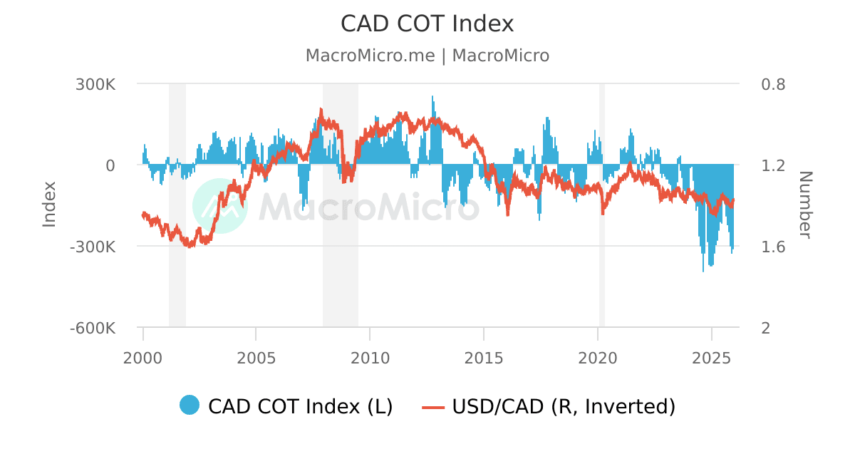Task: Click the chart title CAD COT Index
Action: (x=427, y=24)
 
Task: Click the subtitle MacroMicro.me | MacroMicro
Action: (x=427, y=56)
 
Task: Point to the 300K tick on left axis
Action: (x=95, y=84)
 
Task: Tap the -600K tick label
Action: (x=92, y=329)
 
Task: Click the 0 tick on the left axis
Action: (x=110, y=165)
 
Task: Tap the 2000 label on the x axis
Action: (x=143, y=357)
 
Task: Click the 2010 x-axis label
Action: (x=370, y=357)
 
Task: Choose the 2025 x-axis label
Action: (x=712, y=357)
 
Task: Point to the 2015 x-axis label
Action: (x=484, y=357)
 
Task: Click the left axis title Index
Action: (x=49, y=205)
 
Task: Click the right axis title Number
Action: (x=804, y=205)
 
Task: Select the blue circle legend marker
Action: (x=190, y=406)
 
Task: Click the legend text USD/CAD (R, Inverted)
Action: (x=563, y=406)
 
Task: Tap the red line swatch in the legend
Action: (x=433, y=407)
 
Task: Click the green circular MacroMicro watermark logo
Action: (x=220, y=206)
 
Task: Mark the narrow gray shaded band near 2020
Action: (x=602, y=205)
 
